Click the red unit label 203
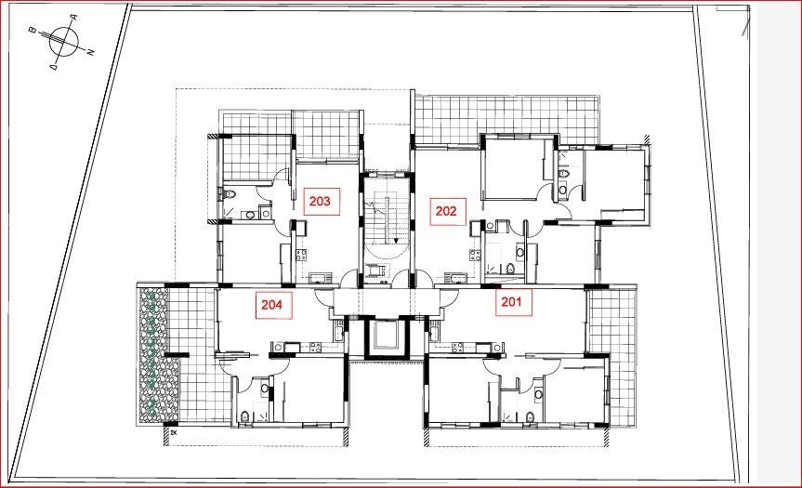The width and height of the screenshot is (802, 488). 321,202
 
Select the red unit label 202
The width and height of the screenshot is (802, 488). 446,211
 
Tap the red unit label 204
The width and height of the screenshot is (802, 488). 271,305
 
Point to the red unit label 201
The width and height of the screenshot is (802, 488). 511,302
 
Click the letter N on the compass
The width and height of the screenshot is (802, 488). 91,52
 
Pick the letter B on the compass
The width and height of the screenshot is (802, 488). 32,31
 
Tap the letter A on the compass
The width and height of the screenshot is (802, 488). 73,18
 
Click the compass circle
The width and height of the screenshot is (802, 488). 64,41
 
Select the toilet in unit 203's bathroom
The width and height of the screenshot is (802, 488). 229,194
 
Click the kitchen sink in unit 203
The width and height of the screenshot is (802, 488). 321,279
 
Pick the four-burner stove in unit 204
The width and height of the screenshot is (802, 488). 315,348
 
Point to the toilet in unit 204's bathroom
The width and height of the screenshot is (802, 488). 244,416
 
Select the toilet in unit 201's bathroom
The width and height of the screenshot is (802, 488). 531,417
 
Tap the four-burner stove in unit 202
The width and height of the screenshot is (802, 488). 475,255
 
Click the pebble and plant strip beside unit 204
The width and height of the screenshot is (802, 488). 154,355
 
